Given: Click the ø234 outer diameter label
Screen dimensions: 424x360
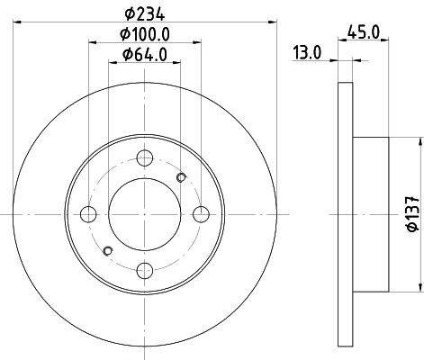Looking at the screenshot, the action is [145, 14].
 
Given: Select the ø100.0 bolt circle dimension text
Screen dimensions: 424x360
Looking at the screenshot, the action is [145, 34].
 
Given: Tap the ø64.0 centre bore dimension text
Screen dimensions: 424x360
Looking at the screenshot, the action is [145, 55].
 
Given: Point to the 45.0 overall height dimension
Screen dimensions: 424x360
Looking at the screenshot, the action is [364, 31].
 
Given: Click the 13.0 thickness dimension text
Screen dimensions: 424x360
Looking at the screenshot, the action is [307, 53].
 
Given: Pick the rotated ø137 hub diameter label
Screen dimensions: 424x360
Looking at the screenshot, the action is [413, 214].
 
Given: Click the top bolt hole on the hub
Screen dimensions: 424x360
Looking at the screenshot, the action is [145, 157].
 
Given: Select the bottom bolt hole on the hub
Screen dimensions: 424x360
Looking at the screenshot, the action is [145, 271].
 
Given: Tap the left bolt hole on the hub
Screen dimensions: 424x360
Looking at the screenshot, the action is [88, 214].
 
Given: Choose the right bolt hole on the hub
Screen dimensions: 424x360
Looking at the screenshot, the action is [201, 214].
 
